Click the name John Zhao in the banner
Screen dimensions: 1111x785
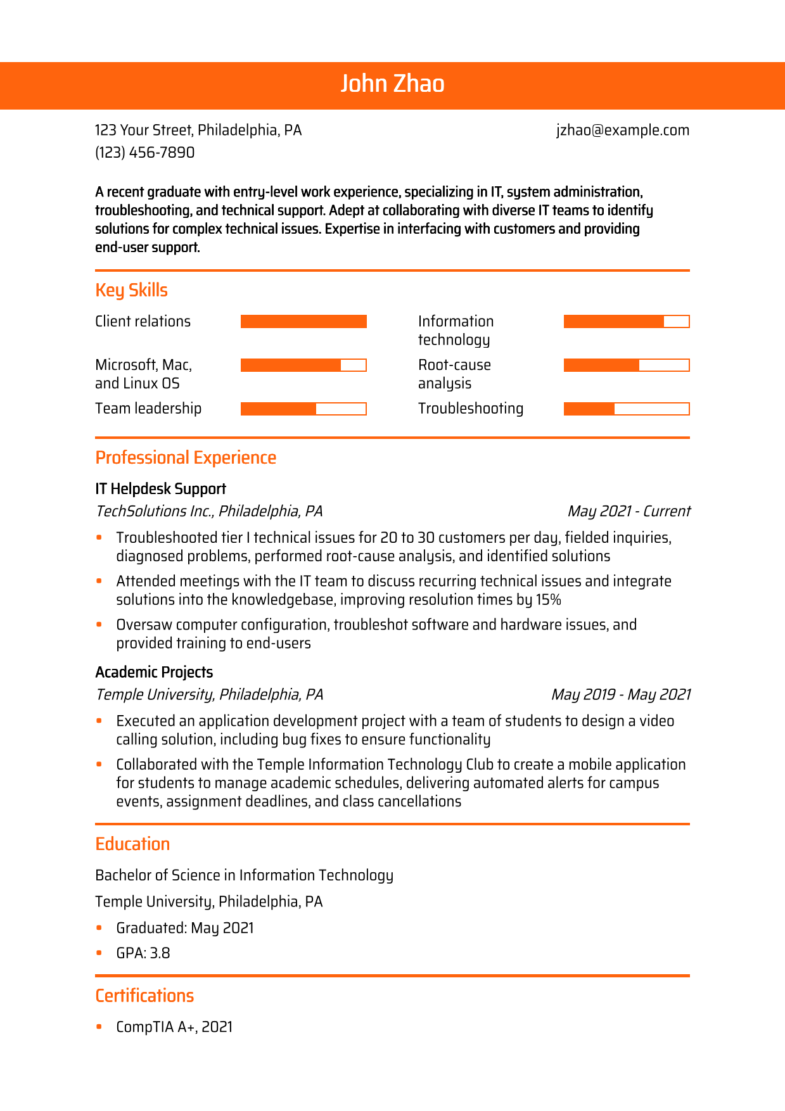tap(392, 84)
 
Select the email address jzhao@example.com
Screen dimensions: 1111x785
tap(622, 130)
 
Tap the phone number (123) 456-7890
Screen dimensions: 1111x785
tap(144, 153)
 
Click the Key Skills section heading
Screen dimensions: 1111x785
tap(131, 290)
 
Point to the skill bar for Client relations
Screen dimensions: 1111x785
tap(303, 322)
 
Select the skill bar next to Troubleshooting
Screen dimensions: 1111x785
tap(626, 409)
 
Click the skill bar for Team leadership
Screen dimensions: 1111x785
tap(303, 409)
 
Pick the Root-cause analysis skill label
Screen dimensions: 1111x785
tap(454, 374)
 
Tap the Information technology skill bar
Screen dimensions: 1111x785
tap(626, 322)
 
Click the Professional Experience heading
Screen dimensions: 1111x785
tap(186, 458)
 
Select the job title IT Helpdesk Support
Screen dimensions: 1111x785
tap(160, 489)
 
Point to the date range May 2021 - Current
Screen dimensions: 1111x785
tap(629, 511)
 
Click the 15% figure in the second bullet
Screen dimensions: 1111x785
tap(549, 600)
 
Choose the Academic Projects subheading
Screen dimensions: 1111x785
tap(154, 672)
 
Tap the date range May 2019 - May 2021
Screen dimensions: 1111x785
tap(620, 695)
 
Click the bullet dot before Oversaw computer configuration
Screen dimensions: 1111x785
tap(99, 625)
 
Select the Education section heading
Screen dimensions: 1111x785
tap(132, 844)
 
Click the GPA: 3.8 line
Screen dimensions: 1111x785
tap(143, 953)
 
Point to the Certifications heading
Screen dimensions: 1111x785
tap(144, 996)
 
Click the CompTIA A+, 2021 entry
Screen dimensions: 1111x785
tap(174, 1027)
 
